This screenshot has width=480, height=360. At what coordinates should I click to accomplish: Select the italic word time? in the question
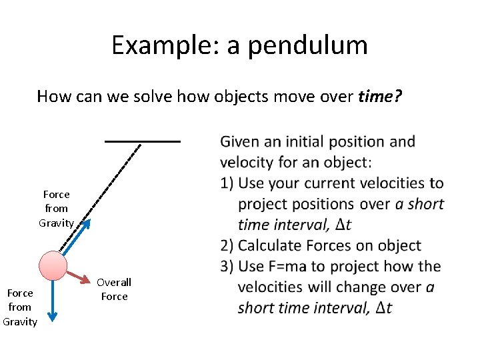point(380,97)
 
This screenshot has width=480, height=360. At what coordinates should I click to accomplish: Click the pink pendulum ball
point(53,265)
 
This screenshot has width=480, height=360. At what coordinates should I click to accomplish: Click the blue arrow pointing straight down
point(52,301)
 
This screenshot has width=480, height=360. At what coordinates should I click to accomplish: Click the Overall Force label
point(114,289)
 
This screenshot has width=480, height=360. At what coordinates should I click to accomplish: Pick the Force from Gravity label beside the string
point(56,208)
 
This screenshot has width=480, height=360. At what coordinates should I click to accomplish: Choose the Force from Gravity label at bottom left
point(19,307)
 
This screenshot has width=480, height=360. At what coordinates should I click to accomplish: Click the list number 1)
point(227,183)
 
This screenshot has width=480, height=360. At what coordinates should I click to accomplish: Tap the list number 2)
point(227,245)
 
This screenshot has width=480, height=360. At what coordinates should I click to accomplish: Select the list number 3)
point(227,267)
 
